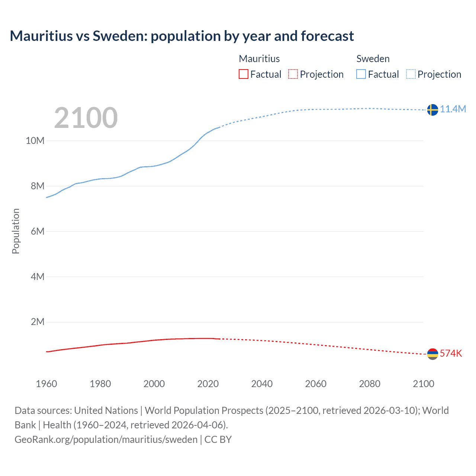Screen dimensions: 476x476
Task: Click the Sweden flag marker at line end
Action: coord(432,110)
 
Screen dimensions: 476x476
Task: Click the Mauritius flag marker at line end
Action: coord(432,354)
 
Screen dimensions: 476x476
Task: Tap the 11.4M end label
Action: coord(453,109)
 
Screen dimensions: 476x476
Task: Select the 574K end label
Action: coord(451,353)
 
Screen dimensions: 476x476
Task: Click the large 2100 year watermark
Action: coord(86,118)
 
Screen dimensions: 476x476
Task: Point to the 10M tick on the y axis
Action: coord(35,141)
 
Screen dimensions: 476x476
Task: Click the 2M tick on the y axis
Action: coord(38,322)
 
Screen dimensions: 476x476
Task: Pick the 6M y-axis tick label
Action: coord(38,231)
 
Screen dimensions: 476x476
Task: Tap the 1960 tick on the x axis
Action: coord(46,384)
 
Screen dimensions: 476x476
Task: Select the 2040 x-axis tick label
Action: coord(262,384)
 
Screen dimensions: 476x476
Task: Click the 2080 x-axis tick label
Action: coord(370,384)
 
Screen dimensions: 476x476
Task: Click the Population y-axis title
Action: coord(16,231)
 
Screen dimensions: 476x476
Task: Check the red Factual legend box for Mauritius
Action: coord(243,74)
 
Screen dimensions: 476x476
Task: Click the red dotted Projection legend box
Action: coord(293,74)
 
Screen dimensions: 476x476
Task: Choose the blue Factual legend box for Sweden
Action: coord(361,74)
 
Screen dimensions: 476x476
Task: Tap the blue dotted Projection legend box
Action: coord(411,74)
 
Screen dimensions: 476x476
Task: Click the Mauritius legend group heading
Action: coord(259,59)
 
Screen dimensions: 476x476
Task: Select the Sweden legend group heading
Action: coord(373,59)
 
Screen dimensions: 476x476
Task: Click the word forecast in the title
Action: coord(327,36)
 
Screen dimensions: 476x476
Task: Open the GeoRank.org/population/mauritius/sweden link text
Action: coord(106,440)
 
